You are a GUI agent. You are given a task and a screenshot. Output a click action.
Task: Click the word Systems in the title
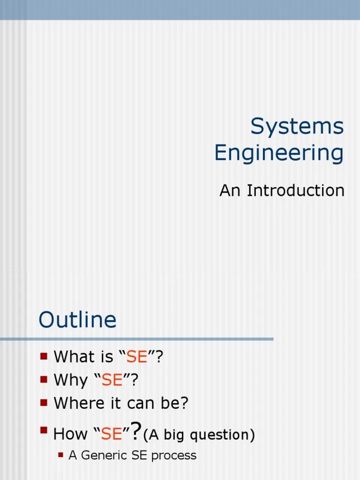tap(297, 127)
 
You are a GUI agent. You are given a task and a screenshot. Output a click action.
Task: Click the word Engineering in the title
tap(279, 153)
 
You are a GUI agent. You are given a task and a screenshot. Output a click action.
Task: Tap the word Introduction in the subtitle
tap(295, 190)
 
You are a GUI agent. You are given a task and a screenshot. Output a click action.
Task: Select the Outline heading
tap(77, 320)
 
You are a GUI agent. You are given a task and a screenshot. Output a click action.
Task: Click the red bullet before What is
tap(44, 356)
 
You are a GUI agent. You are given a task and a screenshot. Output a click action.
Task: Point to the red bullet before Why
tap(44, 379)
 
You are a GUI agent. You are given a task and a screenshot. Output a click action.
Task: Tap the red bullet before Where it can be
tap(44, 402)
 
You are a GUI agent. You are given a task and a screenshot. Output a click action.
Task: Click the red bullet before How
tap(44, 429)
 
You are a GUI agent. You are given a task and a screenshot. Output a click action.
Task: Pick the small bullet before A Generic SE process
tap(60, 454)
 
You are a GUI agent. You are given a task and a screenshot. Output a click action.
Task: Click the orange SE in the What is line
tap(137, 357)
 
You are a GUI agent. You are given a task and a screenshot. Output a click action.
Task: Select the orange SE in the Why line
tap(112, 380)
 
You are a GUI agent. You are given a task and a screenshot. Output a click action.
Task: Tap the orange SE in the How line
tap(111, 435)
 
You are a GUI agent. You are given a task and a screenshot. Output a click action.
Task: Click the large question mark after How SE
tap(135, 431)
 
